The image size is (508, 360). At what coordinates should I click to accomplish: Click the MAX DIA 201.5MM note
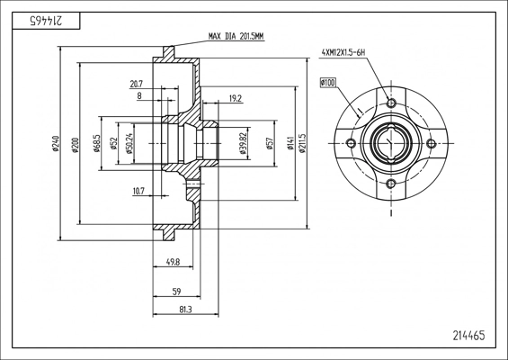click(236, 37)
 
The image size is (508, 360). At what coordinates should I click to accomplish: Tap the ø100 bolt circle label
click(326, 83)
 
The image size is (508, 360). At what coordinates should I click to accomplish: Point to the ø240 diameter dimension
click(57, 143)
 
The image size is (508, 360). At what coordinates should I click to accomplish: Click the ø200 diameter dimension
click(75, 143)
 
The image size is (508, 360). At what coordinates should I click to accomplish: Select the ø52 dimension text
click(113, 143)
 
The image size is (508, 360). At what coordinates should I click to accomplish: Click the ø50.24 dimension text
click(130, 144)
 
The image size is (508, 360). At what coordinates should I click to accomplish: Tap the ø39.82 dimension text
click(244, 143)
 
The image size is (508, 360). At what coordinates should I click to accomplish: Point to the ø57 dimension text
click(270, 143)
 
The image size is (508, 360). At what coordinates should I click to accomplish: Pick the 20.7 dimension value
click(137, 84)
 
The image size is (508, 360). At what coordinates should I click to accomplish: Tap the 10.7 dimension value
click(138, 190)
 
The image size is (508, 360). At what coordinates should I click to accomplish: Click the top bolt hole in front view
click(392, 102)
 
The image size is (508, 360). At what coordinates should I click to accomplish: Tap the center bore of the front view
click(392, 144)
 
